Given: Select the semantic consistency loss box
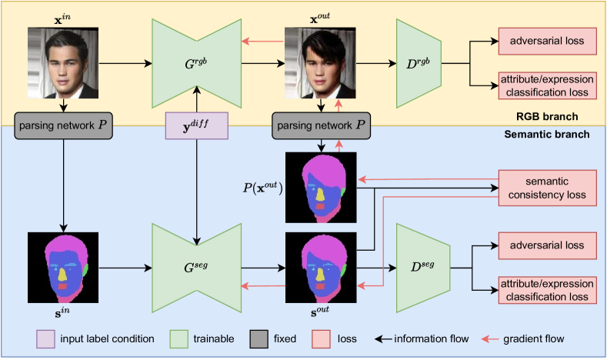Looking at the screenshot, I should click(548, 187).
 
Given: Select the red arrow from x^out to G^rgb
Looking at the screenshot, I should click(262, 42).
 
